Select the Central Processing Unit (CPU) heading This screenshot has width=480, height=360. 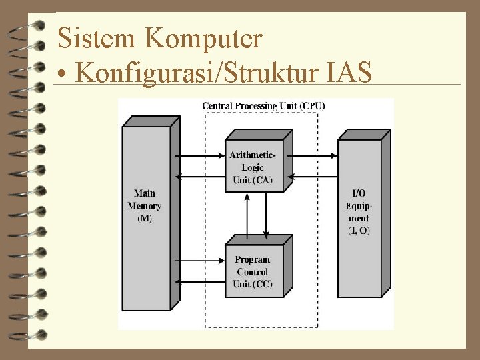[x=263, y=105]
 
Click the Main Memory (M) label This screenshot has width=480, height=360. [x=144, y=206]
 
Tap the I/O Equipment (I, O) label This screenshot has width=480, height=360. [x=358, y=212]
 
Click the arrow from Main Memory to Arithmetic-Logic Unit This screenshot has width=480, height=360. [x=200, y=155]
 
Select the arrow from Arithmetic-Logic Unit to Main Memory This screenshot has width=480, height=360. [x=200, y=177]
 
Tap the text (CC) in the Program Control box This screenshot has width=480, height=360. [x=263, y=284]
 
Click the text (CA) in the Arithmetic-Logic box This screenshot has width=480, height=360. [x=263, y=180]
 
